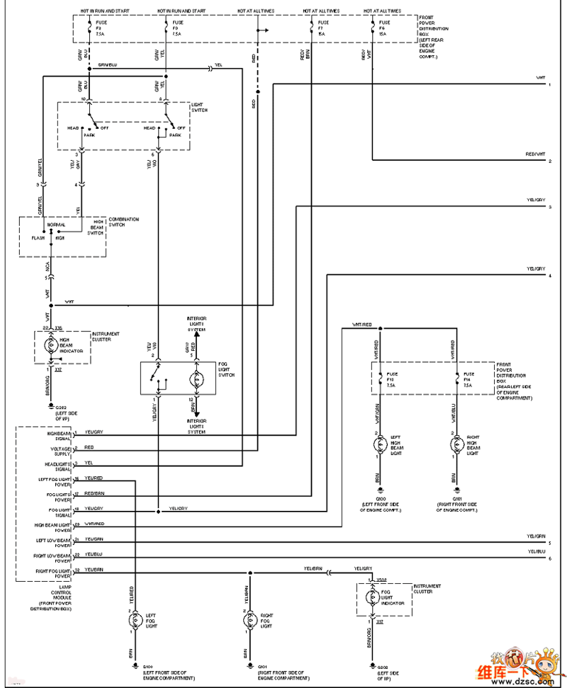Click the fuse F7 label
click(x=320, y=29)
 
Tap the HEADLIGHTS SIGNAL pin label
click(x=58, y=465)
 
